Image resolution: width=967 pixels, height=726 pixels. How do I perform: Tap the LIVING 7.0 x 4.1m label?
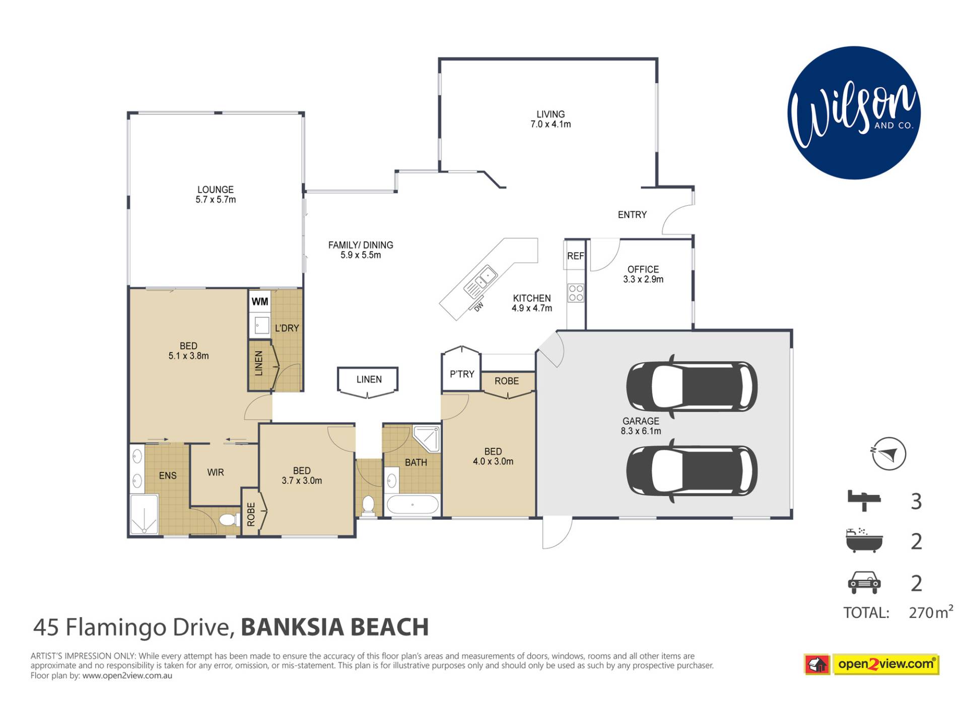click(x=550, y=119)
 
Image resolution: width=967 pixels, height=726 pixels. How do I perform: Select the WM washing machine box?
click(x=260, y=301)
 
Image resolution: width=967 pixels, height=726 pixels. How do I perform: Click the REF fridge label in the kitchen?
click(x=575, y=256)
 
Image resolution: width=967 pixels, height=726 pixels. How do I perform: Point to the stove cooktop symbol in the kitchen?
click(x=576, y=293)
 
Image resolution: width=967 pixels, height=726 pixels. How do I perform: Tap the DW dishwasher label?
click(x=478, y=307)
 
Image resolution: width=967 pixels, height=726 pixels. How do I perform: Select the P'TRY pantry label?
click(x=462, y=374)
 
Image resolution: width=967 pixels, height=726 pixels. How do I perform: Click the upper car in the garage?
click(x=692, y=386)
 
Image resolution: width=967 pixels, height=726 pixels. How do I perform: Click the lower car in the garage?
click(x=692, y=470)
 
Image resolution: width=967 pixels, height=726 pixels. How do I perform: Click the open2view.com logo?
click(x=872, y=664)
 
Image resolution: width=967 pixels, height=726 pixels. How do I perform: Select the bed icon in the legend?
click(x=864, y=501)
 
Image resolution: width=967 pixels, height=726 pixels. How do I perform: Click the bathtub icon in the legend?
click(x=864, y=540)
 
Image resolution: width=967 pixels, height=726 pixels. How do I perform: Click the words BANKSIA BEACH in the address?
click(x=335, y=627)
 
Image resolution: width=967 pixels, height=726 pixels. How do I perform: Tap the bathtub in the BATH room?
click(x=412, y=505)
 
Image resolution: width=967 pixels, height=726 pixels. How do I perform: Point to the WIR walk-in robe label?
click(x=216, y=472)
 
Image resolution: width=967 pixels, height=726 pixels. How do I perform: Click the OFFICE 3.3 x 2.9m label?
click(x=643, y=274)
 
